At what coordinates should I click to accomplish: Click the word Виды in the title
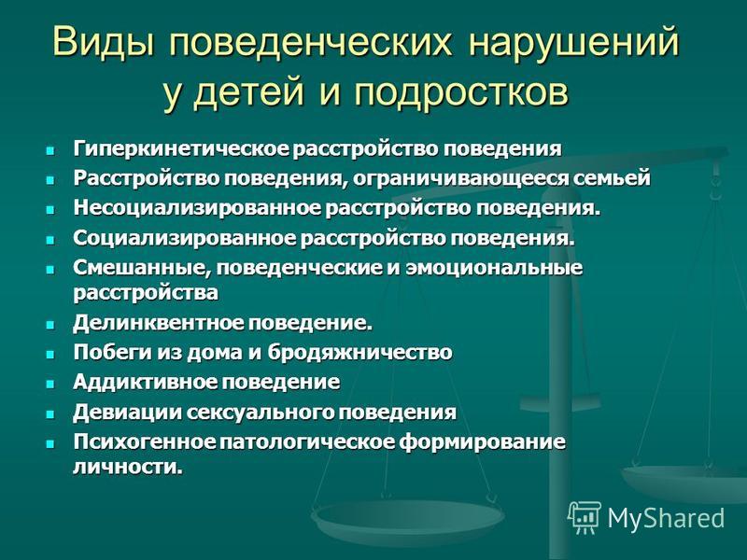click(104, 41)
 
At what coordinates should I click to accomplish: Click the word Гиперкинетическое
click(181, 148)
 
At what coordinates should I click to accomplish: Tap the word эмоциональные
click(494, 268)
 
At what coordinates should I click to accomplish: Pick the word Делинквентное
click(159, 323)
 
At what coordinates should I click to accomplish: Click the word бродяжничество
click(359, 353)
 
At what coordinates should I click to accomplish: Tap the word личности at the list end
click(128, 467)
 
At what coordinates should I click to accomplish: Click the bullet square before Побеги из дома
click(50, 355)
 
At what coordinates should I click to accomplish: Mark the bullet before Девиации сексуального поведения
click(50, 413)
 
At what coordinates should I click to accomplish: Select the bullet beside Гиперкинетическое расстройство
click(50, 150)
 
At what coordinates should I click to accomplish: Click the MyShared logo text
click(666, 518)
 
